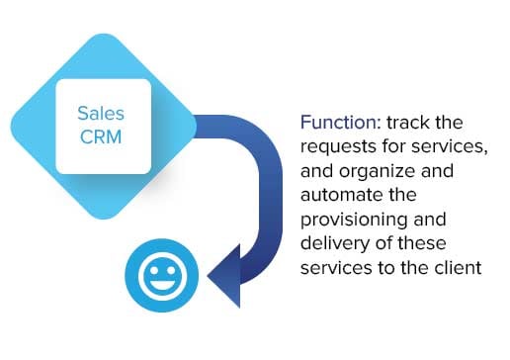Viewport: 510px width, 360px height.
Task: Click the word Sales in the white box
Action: (103, 113)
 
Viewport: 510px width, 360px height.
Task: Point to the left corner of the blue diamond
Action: (16, 128)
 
